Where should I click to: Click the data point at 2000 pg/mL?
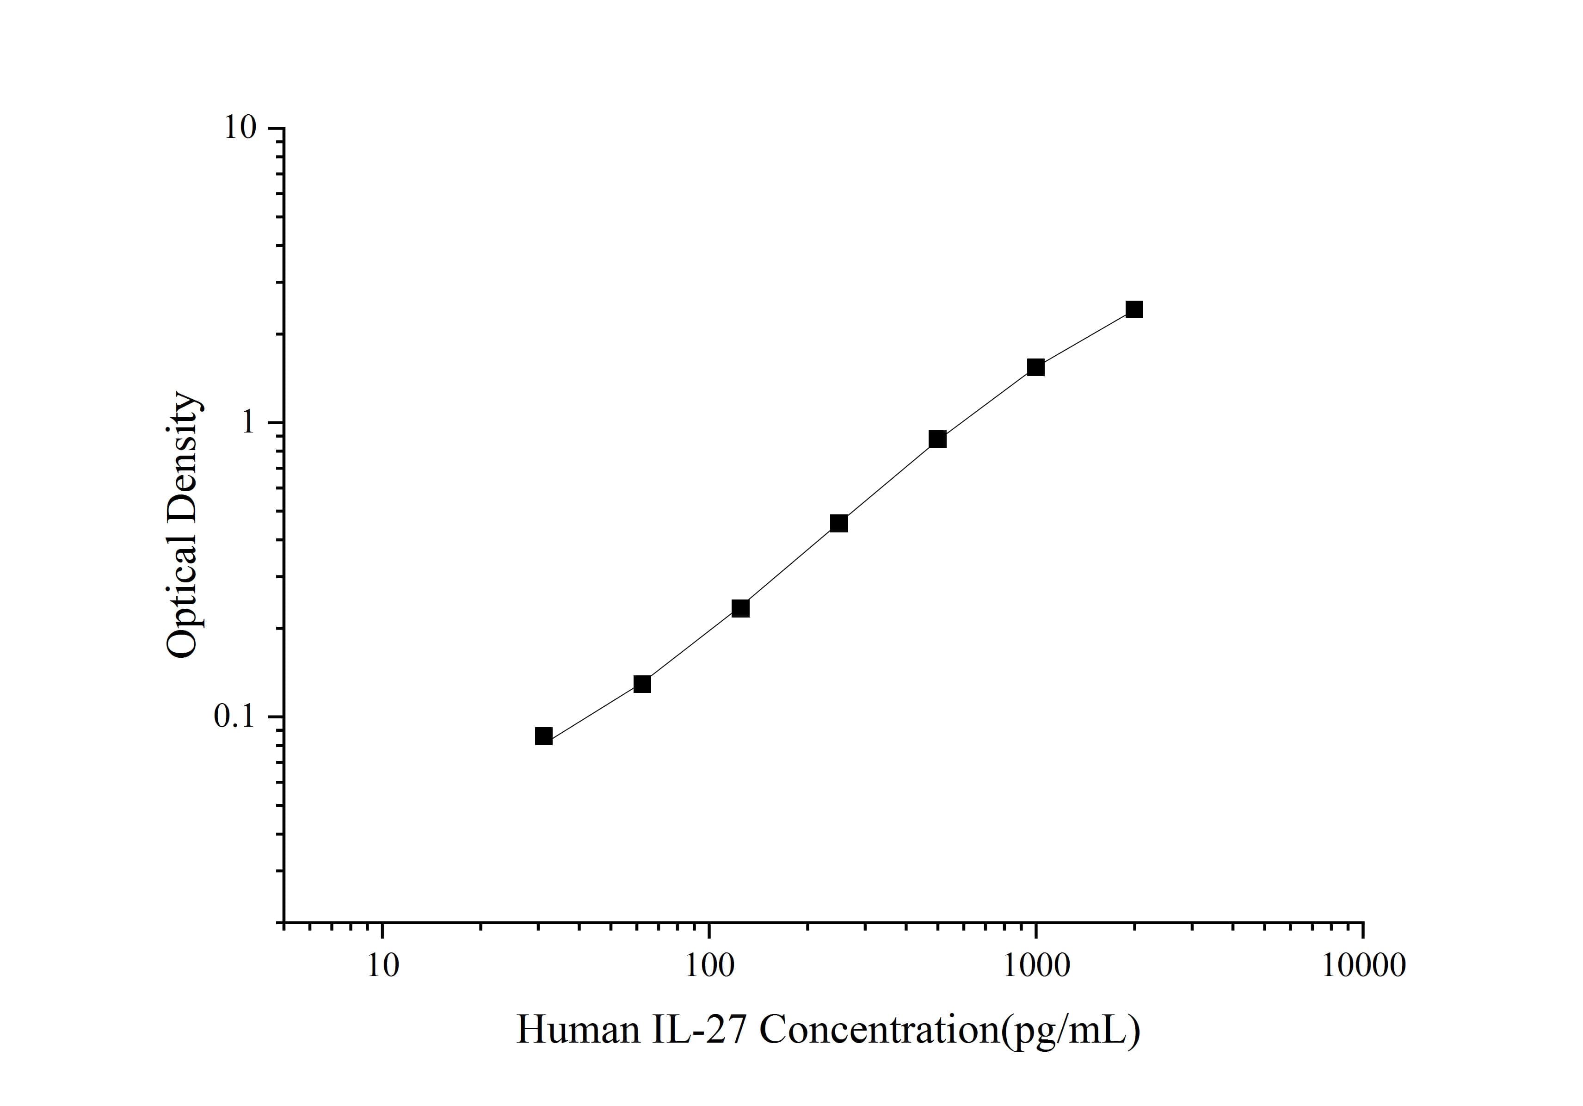pyautogui.click(x=1133, y=309)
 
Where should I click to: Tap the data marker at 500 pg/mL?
pyautogui.click(x=937, y=439)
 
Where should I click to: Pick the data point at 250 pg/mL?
pyautogui.click(x=838, y=523)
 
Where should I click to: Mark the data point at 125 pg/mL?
pyautogui.click(x=740, y=608)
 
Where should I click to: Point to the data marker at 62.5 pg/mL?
pyautogui.click(x=642, y=684)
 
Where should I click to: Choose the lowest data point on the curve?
pyautogui.click(x=543, y=736)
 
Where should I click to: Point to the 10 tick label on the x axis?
pyautogui.click(x=382, y=966)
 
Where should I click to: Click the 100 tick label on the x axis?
pyautogui.click(x=709, y=966)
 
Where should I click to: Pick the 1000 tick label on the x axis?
pyautogui.click(x=1035, y=966)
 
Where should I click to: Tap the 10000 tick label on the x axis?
pyautogui.click(x=1362, y=966)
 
